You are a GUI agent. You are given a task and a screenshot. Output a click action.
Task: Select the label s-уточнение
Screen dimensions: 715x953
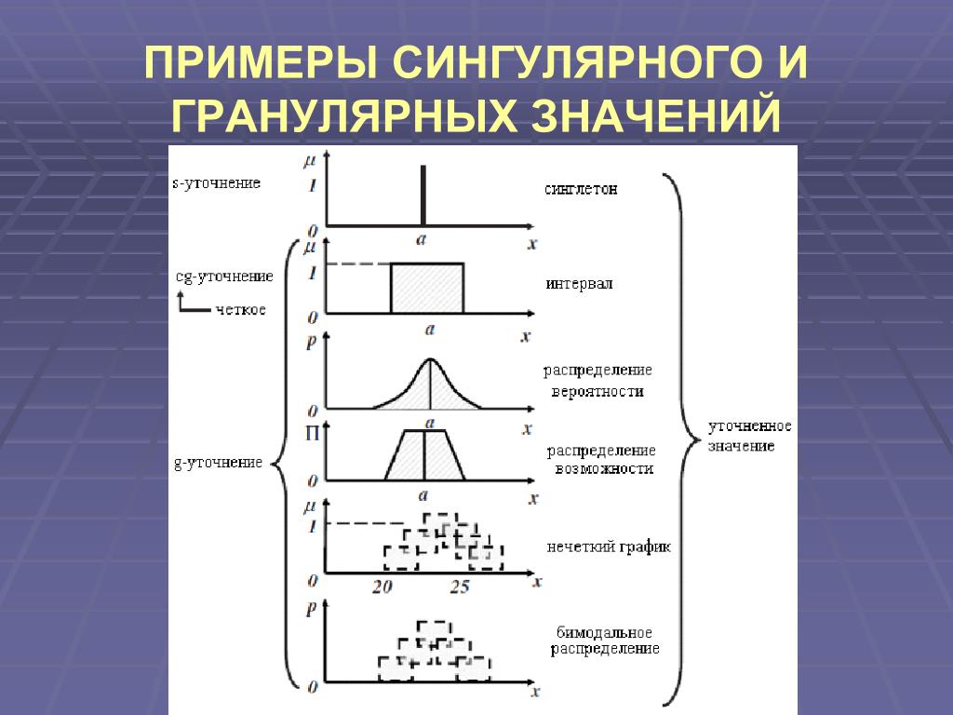click(x=217, y=183)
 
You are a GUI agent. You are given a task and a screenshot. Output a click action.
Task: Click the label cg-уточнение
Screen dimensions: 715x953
click(x=224, y=277)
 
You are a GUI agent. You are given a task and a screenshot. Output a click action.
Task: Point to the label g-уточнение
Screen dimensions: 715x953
click(x=219, y=463)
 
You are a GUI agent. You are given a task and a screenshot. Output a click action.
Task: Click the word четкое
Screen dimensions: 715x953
click(x=240, y=309)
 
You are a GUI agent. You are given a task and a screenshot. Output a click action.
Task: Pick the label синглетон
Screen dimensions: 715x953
click(x=582, y=189)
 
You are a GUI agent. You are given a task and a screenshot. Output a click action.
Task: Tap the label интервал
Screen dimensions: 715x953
click(x=580, y=284)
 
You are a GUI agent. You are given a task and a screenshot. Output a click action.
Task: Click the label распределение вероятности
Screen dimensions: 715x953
click(x=598, y=381)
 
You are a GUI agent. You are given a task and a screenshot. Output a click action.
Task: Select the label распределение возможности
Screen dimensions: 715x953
click(x=600, y=460)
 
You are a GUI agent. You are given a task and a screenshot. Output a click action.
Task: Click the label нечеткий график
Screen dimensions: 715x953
click(x=609, y=547)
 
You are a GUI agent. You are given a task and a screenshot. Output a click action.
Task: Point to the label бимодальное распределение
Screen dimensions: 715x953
click(x=604, y=641)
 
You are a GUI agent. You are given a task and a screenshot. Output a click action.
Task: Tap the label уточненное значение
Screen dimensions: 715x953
click(x=749, y=436)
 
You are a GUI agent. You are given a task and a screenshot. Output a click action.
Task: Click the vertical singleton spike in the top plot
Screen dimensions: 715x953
click(x=423, y=196)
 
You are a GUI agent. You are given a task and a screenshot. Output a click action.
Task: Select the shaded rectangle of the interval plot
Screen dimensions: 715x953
click(x=426, y=289)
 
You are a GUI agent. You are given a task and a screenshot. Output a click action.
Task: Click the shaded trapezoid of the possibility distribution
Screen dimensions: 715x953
click(x=424, y=455)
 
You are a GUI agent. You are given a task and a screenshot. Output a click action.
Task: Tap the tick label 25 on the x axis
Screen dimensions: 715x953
click(x=460, y=587)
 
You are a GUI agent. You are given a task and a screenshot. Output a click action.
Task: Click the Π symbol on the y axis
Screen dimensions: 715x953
click(x=312, y=432)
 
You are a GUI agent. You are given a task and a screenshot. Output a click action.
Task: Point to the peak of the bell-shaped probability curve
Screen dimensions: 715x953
click(x=429, y=360)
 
